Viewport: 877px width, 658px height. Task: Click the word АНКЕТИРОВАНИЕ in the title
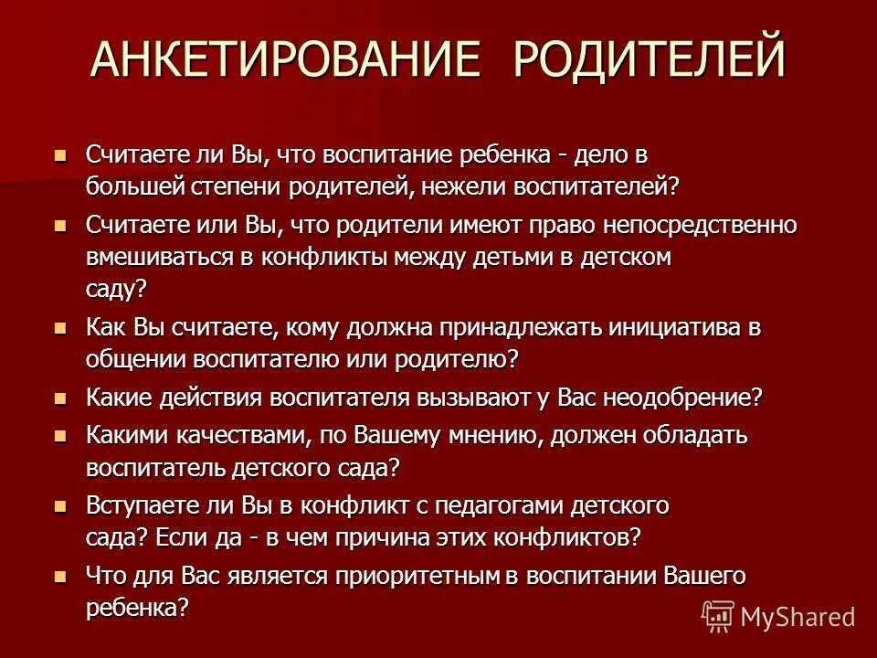(286, 57)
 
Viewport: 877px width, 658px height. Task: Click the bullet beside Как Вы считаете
(61, 327)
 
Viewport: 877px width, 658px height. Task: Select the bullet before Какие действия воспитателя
(61, 398)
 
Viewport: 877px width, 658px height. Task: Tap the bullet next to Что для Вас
(61, 576)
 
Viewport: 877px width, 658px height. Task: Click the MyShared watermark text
(798, 617)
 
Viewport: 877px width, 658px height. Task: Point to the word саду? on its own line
(116, 289)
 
